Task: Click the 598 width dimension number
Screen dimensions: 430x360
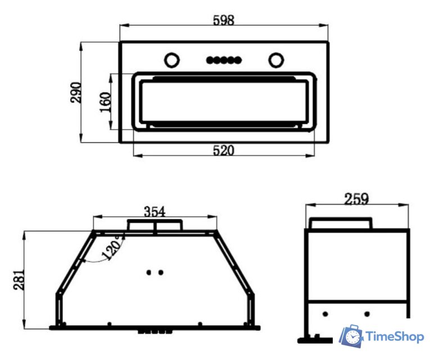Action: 224,20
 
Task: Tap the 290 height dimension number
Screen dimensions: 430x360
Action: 75,92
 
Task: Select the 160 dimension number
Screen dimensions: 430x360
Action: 105,102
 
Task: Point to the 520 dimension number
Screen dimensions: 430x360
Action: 224,150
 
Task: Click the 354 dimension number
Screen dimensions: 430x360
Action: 155,211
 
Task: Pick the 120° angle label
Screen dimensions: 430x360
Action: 113,247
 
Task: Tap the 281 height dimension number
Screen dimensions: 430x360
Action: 19,280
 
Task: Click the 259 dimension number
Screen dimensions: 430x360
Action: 356,199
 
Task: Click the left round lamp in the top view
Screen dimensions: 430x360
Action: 172,60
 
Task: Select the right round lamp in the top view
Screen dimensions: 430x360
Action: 276,60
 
